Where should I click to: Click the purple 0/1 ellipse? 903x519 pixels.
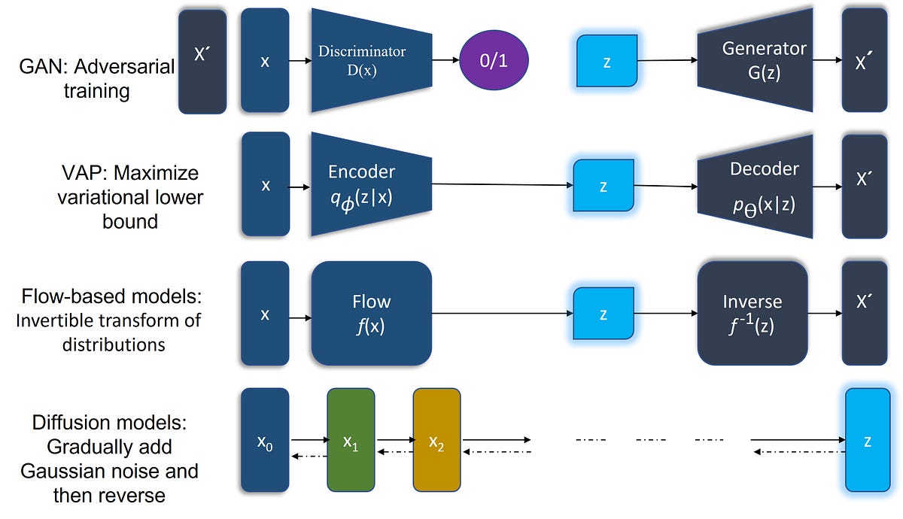coord(494,61)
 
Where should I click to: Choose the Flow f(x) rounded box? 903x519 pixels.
coord(371,312)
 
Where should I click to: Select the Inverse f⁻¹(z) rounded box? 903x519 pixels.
coord(752,313)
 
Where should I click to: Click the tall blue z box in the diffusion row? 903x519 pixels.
coord(868,442)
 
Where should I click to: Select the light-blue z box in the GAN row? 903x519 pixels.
coord(607,61)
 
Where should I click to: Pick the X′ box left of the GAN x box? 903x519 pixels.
coord(202,61)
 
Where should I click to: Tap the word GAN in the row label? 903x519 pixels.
coord(40,67)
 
